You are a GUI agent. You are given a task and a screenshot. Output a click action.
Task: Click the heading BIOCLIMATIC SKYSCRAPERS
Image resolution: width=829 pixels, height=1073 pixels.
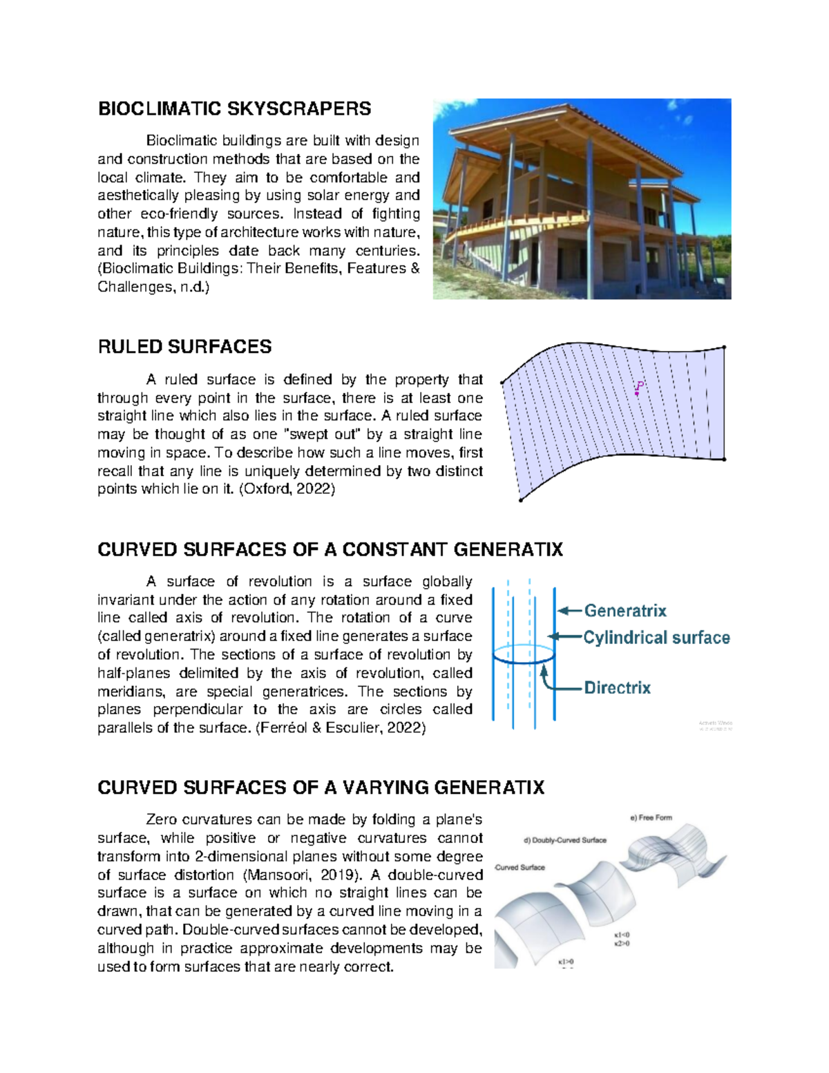[x=234, y=108]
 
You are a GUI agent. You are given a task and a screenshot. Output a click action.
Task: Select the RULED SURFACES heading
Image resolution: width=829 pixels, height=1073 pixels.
[x=184, y=347]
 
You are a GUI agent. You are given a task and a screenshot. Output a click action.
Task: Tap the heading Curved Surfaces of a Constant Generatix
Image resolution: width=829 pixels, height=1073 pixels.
[x=330, y=549]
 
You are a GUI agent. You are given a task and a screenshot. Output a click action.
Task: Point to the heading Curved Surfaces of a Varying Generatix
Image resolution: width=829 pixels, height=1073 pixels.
[x=321, y=788]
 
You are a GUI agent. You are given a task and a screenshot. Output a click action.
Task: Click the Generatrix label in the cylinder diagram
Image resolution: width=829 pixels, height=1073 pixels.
[x=625, y=611]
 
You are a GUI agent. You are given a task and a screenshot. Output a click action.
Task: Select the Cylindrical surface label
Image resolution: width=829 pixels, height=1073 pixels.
[x=656, y=638]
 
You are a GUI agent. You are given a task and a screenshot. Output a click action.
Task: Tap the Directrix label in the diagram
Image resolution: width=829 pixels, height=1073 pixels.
[x=617, y=687]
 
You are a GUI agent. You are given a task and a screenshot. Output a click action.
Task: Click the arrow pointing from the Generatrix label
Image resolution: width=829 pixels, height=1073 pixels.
[x=570, y=611]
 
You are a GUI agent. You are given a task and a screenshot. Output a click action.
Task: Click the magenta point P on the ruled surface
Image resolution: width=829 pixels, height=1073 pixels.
[x=637, y=392]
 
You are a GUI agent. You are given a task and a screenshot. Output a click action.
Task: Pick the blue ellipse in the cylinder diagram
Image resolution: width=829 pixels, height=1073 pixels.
[x=524, y=655]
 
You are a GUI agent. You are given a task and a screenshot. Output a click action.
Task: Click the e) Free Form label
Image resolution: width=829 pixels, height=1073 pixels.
[x=651, y=817]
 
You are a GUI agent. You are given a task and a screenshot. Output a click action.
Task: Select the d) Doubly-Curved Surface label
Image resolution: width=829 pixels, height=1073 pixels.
[x=565, y=840]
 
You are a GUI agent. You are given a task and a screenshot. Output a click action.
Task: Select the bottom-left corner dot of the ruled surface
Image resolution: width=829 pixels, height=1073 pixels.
[x=521, y=500]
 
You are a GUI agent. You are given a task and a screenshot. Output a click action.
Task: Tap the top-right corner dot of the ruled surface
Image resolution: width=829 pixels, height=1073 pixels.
[x=723, y=348]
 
